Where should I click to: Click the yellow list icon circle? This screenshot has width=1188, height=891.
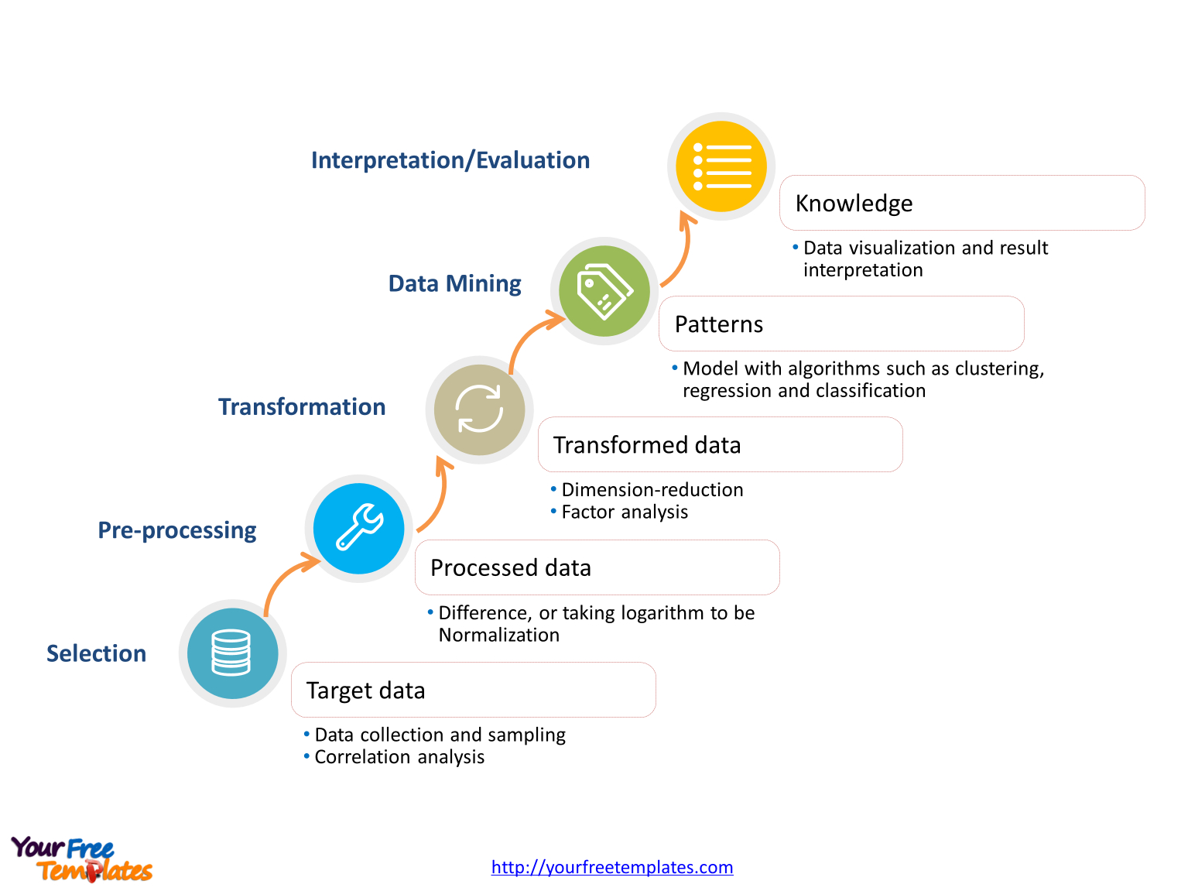pos(721,166)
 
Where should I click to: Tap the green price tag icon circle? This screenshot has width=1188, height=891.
pos(604,291)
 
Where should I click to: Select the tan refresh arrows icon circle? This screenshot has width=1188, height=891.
pos(479,410)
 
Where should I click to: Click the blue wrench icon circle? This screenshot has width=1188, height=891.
pos(358,528)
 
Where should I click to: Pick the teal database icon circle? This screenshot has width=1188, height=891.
pos(232,653)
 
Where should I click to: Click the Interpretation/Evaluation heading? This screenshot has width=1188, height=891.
pos(450,160)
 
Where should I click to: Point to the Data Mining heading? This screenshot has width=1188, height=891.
pos(454,283)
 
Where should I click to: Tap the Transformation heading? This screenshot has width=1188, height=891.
pos(302,406)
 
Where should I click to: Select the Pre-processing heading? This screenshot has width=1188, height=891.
pos(176,530)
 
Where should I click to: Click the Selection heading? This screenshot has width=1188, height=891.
pos(96,653)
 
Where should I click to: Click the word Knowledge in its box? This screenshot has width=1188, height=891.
pos(854,204)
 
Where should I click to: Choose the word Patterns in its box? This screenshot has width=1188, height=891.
pos(718,324)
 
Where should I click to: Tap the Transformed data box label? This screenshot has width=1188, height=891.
pos(646,444)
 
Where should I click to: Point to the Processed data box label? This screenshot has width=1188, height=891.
pos(510,567)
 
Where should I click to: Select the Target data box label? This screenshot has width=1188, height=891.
pos(365,691)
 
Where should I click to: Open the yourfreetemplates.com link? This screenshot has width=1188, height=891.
pos(611,867)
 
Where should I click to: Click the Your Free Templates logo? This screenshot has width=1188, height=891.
pos(81,859)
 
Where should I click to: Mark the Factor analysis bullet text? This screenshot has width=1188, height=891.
pos(624,512)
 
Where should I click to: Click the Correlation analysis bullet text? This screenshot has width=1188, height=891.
pos(399,756)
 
